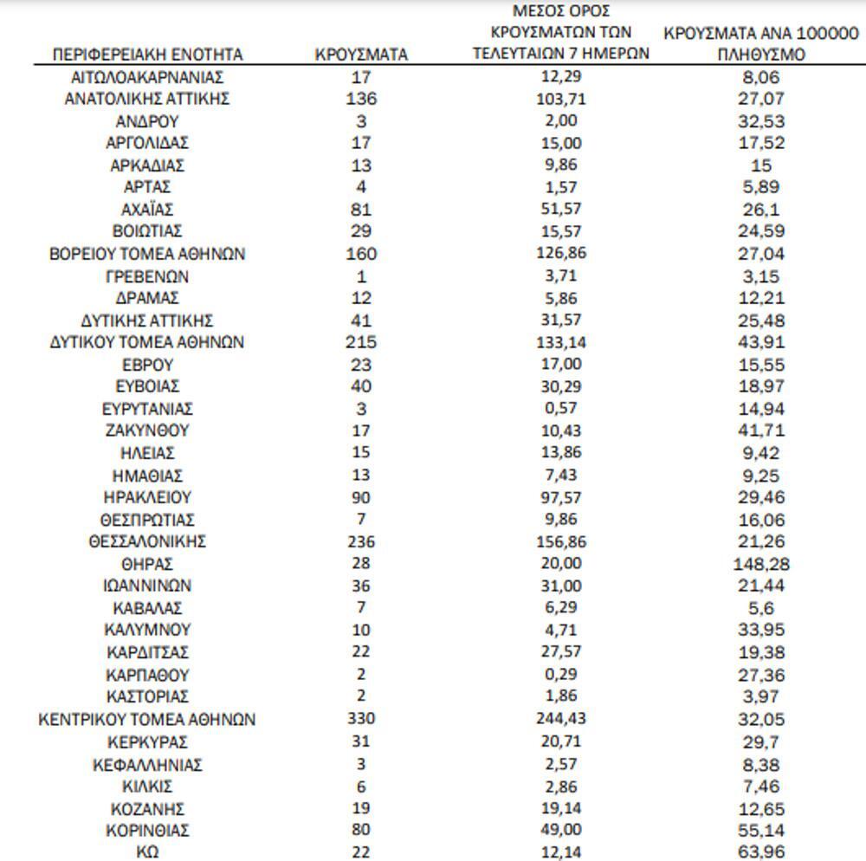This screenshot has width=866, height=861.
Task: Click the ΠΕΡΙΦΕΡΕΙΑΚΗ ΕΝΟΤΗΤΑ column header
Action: click(147, 55)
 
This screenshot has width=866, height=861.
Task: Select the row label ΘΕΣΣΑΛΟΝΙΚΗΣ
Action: click(147, 542)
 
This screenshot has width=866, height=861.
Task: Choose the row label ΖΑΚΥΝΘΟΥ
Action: click(147, 430)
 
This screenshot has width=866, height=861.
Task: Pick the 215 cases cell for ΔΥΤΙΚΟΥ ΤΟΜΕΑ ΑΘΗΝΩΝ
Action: click(361, 342)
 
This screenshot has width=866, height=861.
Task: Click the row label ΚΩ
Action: click(147, 852)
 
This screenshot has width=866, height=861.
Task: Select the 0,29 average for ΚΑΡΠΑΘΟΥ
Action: click(561, 675)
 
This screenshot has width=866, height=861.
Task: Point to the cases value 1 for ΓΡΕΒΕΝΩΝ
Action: click(361, 277)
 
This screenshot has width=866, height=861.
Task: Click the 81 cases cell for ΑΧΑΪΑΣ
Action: click(361, 210)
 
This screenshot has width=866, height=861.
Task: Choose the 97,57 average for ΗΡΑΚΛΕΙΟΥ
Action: click(561, 498)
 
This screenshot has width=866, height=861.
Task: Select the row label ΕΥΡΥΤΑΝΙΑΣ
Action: click(147, 409)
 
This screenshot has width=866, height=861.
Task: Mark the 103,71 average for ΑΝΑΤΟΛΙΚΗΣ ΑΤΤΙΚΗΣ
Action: click(561, 99)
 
